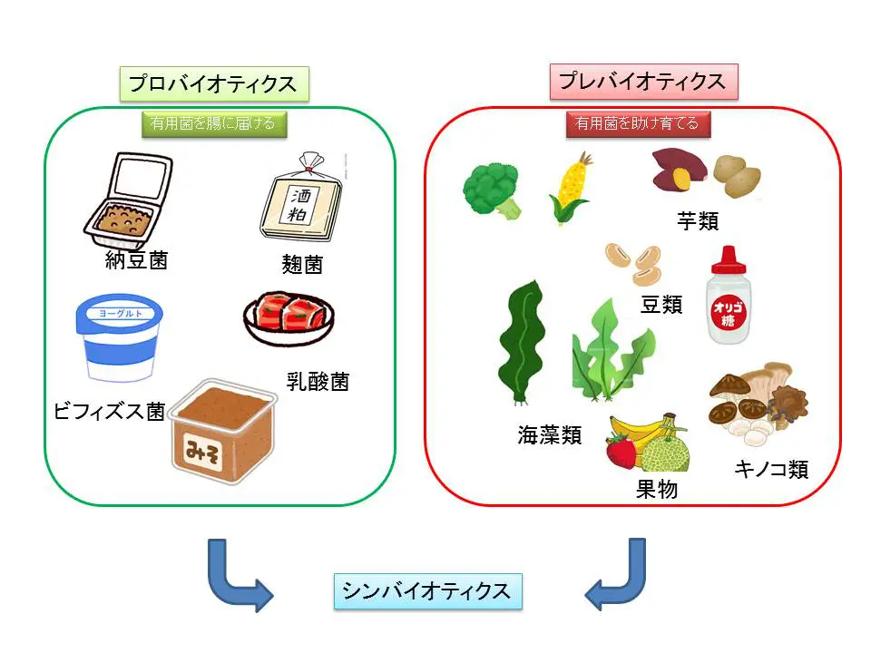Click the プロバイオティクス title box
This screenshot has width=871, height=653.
(213, 83)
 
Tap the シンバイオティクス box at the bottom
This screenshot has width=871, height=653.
(426, 590)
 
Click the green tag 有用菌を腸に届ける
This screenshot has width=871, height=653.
(215, 123)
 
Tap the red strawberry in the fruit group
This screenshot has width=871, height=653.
(621, 450)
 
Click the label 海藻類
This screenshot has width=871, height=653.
(549, 434)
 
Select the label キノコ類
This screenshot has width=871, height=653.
(770, 470)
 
